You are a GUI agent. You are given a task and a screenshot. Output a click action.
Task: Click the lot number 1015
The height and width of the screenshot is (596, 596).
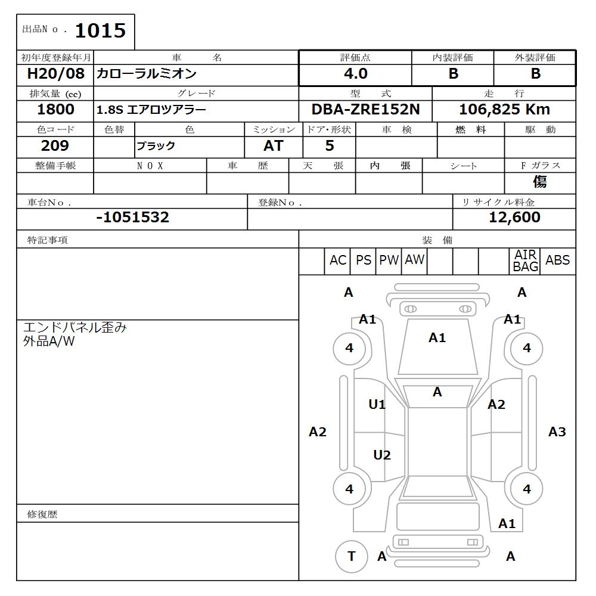[x=100, y=31]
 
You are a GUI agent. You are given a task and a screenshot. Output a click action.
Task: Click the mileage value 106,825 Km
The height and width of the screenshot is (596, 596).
[x=504, y=110]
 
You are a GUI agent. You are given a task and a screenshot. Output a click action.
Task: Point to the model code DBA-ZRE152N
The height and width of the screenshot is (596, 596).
[x=365, y=110]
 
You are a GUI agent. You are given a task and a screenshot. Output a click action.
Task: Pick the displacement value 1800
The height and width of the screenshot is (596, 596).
[x=55, y=110]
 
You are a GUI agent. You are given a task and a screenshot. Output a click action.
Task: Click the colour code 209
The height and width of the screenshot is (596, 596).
[x=55, y=146]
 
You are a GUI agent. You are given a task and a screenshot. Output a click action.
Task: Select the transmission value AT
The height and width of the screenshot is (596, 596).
[x=273, y=146]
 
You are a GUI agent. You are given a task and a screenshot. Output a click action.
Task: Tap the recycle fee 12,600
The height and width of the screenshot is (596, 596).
[x=514, y=218]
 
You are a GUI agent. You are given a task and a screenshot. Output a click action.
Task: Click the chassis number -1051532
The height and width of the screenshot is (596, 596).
[x=132, y=218]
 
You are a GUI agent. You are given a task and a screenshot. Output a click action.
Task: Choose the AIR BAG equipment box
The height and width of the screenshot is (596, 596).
[x=525, y=261]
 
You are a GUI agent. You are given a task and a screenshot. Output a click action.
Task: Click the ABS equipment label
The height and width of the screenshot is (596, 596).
[x=557, y=260]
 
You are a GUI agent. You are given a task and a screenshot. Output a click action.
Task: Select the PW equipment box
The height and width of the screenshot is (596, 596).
[x=389, y=260]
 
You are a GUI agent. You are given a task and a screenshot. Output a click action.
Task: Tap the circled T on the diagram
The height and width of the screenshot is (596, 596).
[x=351, y=556]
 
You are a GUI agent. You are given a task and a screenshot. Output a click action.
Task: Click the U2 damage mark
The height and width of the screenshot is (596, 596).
[x=382, y=455]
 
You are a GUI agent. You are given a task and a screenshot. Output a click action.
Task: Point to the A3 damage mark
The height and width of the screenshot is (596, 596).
[x=557, y=432]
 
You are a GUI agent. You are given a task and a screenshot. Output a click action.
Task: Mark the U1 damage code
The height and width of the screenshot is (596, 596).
[x=377, y=405]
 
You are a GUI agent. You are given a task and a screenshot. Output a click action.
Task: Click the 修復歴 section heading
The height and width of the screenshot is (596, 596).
[x=42, y=514]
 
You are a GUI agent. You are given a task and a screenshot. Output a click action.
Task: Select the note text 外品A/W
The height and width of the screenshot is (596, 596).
[x=49, y=342]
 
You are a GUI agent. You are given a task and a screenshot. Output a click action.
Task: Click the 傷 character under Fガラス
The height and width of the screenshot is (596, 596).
[x=539, y=182]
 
